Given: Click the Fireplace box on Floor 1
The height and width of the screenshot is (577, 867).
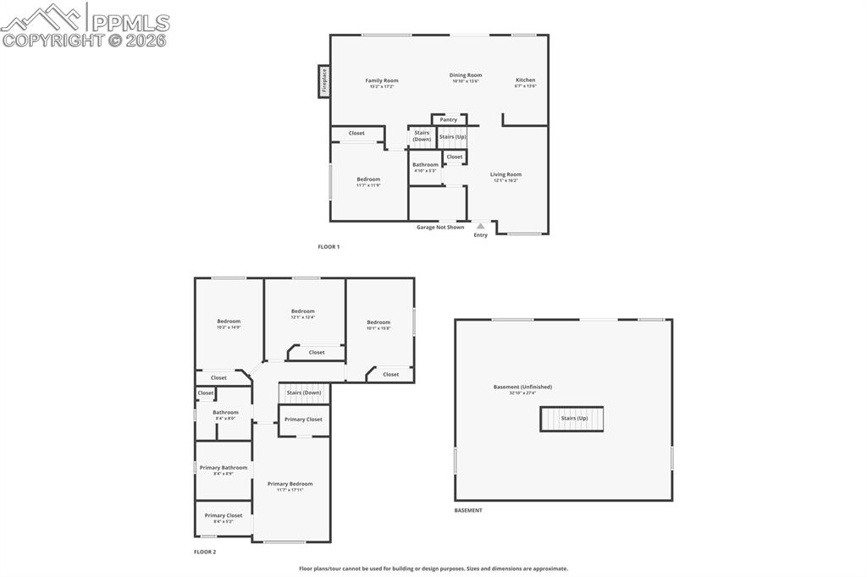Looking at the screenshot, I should coord(323,81).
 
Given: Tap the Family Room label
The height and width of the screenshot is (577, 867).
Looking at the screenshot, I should coord(382,81).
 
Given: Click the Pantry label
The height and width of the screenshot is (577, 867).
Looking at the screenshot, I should coord(449,120).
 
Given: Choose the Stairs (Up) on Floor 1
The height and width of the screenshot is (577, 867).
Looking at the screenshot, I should coord(452,136).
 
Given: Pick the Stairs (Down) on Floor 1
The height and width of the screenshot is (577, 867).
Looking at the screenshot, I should coord(422,135).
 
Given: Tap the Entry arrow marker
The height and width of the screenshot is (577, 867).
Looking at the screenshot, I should coord(480,226).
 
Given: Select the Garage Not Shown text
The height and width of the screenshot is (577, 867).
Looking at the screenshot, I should coord(440,227).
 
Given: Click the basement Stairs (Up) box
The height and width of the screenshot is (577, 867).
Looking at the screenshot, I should coord(572,419).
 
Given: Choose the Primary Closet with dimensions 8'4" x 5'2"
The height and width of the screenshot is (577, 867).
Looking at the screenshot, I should coord(224,516).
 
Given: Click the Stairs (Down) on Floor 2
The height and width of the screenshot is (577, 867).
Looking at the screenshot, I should coord(304,393).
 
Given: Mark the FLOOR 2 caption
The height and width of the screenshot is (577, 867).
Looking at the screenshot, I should coord(205,552).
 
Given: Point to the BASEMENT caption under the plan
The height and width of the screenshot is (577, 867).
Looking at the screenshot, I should coord(468,510).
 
